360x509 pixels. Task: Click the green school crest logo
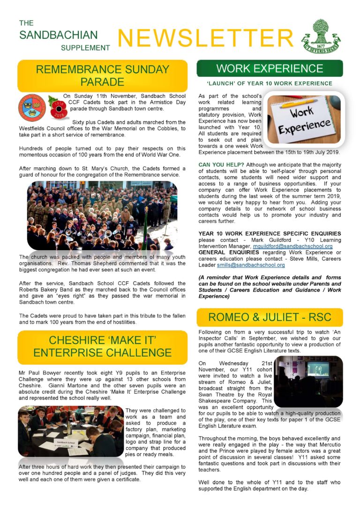pos(321,36)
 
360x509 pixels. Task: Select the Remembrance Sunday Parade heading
pos(102,75)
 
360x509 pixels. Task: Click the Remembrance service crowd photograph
pos(102,216)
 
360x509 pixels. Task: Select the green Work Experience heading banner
pos(270,68)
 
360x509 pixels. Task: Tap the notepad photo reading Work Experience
pos(303,119)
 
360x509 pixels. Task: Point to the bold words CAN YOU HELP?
pos(221,165)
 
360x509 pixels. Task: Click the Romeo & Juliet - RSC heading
pos(270,317)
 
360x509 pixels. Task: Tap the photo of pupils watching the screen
pos(308,381)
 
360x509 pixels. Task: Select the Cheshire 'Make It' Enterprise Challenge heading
pos(102,345)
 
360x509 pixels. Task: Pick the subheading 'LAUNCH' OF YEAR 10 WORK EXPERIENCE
pos(270,83)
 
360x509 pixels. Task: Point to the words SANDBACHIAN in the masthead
pos(59,35)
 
